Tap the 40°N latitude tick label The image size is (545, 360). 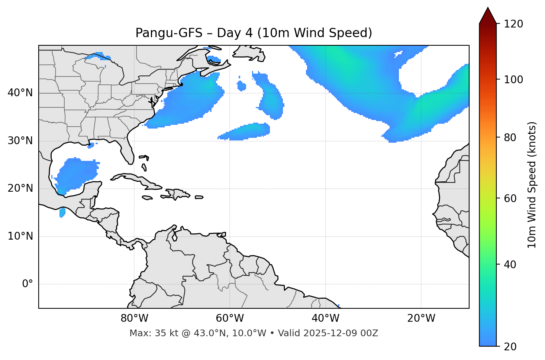[x=20, y=93]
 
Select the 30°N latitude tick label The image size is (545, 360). [x=20, y=141]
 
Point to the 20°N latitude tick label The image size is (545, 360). [x=20, y=188]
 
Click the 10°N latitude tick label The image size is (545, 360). [x=20, y=236]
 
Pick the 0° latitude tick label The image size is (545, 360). [x=27, y=284]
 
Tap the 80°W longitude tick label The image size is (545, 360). [x=134, y=318]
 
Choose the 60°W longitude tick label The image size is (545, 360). [x=230, y=318]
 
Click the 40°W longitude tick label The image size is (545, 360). [x=325, y=318]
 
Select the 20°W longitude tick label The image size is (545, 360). [x=421, y=318]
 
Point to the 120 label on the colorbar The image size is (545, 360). [x=513, y=24]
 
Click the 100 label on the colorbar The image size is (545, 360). [x=513, y=80]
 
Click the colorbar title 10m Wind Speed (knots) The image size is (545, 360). [x=532, y=185]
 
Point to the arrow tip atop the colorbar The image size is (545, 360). [x=488, y=8]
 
